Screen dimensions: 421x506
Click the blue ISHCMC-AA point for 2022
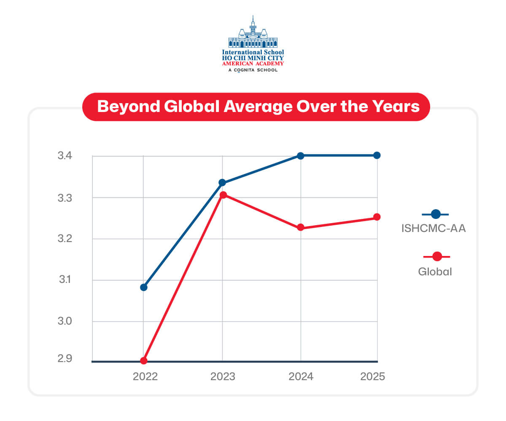144,288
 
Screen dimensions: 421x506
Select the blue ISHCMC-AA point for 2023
222,183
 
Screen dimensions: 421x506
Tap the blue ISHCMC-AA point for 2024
301,156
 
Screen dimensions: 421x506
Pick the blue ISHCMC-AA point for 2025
377,155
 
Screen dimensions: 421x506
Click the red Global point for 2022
144,361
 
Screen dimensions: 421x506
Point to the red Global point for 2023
223,195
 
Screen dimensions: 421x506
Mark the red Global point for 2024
301,228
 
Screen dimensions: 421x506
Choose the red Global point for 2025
377,217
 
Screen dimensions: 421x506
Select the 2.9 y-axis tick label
65,359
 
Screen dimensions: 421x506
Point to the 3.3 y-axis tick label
65,198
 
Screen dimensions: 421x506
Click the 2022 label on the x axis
145,376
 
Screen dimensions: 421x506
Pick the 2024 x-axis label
301,376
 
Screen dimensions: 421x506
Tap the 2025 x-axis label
373,376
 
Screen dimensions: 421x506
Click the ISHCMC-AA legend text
433,229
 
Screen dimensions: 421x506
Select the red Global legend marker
437,256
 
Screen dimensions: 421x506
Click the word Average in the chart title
258,107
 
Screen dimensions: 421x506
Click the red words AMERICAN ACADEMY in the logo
253,64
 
